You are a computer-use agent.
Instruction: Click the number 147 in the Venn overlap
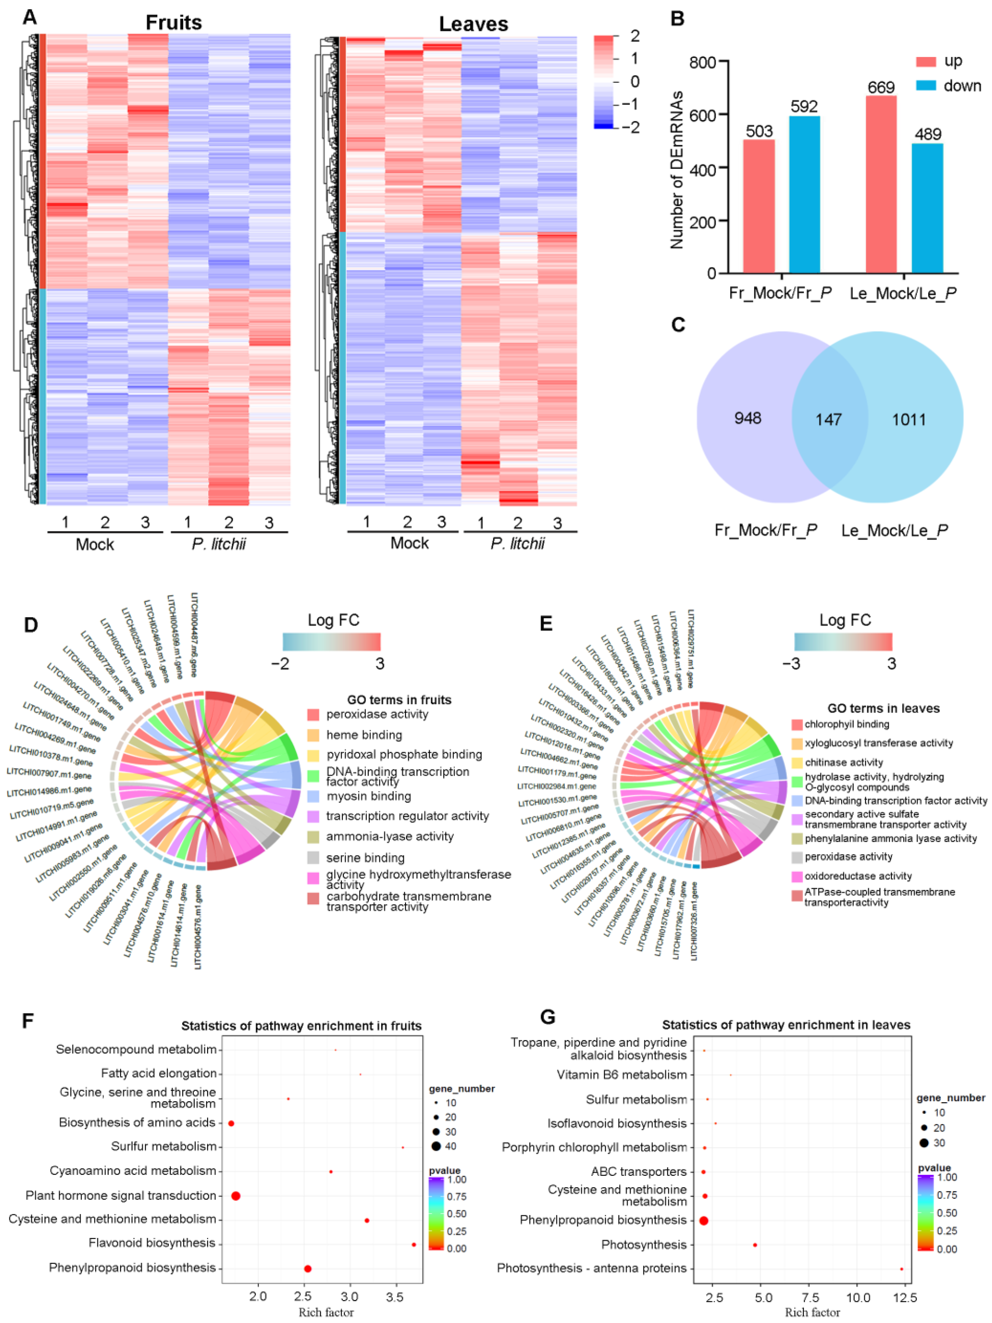(828, 419)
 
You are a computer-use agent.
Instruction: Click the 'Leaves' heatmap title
(473, 24)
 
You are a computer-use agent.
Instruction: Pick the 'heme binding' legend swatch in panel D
(313, 735)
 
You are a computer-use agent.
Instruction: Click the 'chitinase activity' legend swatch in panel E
(796, 763)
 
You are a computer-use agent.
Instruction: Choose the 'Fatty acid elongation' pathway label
(159, 1073)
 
